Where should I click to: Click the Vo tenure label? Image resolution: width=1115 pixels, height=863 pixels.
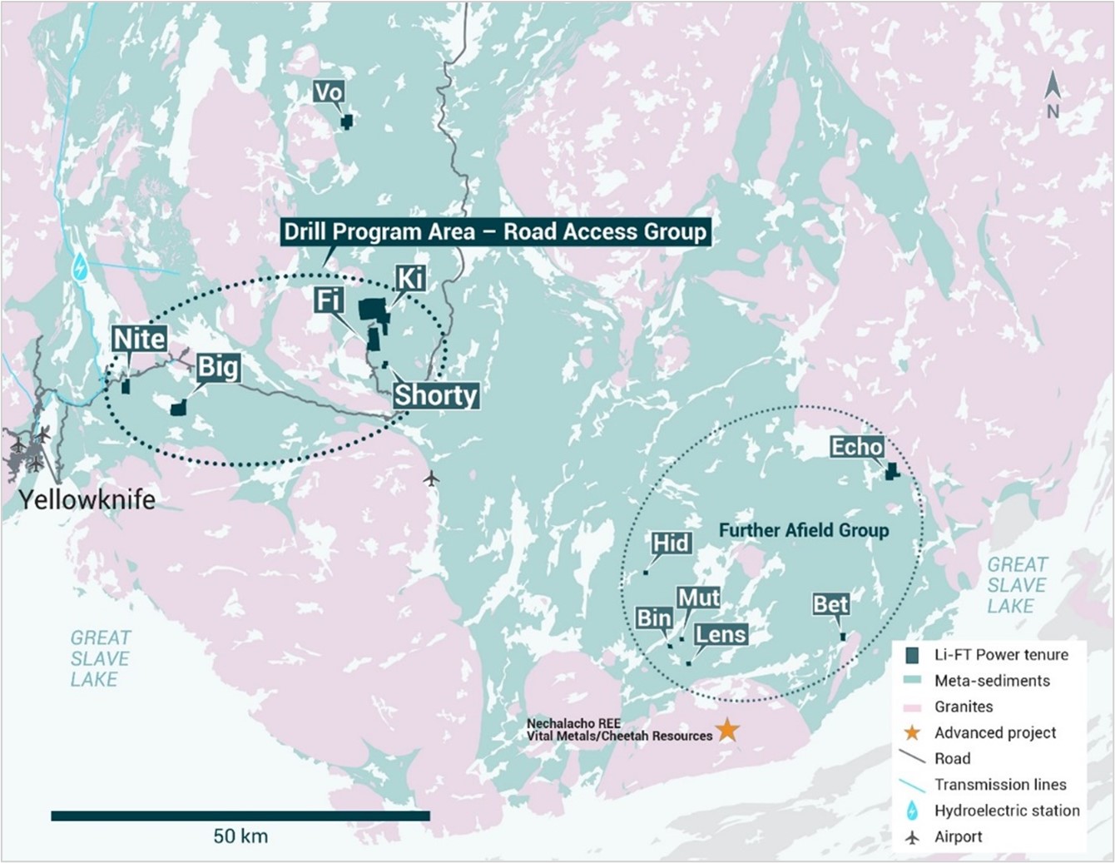[x=329, y=92]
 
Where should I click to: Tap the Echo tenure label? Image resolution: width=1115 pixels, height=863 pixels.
[x=856, y=447]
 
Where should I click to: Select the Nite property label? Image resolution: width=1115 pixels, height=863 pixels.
[x=139, y=339]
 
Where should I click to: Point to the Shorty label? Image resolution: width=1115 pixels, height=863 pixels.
[x=435, y=394]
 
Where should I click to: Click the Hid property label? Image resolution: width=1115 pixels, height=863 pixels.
[x=671, y=543]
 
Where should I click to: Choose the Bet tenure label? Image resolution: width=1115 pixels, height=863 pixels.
[x=830, y=603]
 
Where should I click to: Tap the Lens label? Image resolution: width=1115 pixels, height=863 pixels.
[x=721, y=635]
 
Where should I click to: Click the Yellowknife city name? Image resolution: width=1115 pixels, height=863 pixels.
[x=87, y=499]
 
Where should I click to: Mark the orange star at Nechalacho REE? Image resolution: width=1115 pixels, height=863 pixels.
[x=727, y=730]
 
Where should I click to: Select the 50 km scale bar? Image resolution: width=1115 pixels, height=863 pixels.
[x=240, y=816]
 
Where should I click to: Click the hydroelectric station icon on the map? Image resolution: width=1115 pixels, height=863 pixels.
[x=80, y=267]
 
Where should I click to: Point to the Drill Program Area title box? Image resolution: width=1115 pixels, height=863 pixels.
[x=495, y=231]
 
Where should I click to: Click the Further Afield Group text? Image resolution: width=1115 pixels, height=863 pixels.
[x=803, y=530]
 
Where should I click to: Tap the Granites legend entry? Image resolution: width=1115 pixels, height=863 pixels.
[x=963, y=707]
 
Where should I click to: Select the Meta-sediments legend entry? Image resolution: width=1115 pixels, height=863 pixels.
[x=991, y=681]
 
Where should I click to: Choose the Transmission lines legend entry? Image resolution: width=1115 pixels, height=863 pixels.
[x=999, y=784]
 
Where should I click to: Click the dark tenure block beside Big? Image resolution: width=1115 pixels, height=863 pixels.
[x=178, y=408]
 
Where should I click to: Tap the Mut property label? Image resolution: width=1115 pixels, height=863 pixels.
[x=698, y=598]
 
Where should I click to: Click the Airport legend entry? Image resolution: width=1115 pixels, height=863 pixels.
[x=957, y=836]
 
